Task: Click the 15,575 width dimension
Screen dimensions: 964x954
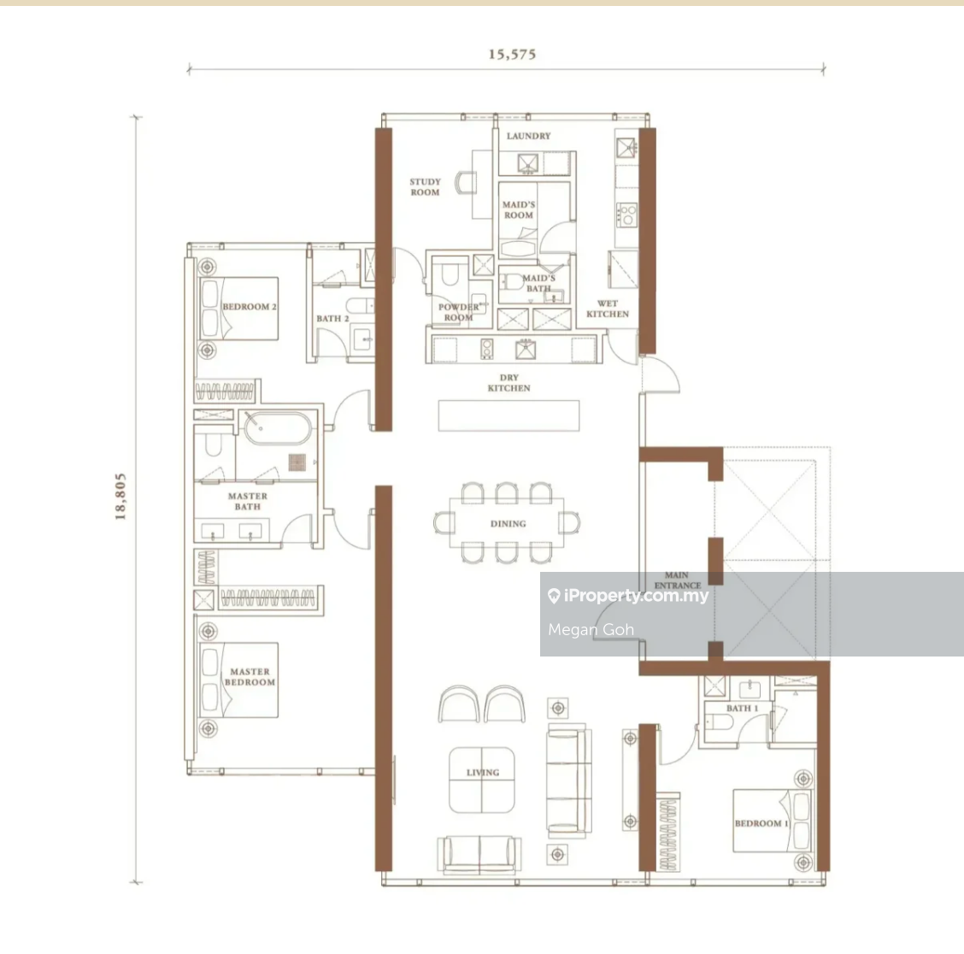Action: coord(512,54)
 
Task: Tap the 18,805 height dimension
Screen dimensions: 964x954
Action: coord(120,497)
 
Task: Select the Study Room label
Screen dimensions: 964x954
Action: coord(426,187)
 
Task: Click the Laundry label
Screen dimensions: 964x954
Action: coord(529,136)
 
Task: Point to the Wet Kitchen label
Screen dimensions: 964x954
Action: coord(608,309)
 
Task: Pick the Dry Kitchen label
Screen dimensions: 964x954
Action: coord(509,383)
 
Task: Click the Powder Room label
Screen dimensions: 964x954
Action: coord(459,313)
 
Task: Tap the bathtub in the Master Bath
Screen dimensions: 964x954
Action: coord(278,428)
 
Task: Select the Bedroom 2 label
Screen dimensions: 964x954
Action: coord(250,306)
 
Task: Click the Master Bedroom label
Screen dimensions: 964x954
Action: coord(250,676)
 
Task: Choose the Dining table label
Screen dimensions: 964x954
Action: coord(508,523)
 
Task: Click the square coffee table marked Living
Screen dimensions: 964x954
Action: coord(482,780)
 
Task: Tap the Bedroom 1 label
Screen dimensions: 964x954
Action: coord(761,823)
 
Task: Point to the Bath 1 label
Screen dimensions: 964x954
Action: coord(742,708)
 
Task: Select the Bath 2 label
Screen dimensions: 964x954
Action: coord(332,318)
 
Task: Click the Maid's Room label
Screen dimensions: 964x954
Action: coord(519,209)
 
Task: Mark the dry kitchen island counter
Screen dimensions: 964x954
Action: coord(509,415)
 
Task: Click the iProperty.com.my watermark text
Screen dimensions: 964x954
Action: coord(628,596)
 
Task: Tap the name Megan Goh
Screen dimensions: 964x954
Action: coord(591,629)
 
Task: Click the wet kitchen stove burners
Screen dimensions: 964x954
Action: coord(627,215)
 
